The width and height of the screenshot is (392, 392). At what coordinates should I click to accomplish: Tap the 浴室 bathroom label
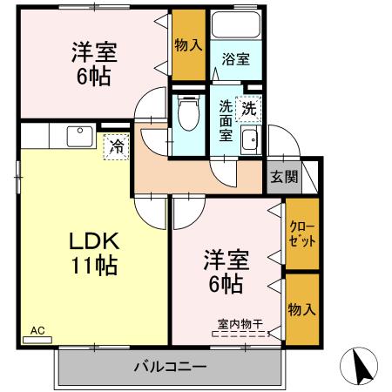(x=235, y=59)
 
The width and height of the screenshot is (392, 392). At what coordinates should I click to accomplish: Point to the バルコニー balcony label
(x=170, y=365)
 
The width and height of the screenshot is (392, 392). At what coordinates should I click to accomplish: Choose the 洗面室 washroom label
(x=226, y=120)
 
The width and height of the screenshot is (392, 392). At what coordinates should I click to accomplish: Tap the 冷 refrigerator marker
(x=115, y=146)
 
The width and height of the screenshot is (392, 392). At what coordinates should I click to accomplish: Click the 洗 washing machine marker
(x=249, y=109)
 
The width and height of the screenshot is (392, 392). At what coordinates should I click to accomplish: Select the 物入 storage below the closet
(x=302, y=308)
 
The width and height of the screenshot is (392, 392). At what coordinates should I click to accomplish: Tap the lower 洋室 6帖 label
(x=224, y=271)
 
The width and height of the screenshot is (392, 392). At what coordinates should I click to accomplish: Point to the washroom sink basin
(x=250, y=139)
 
